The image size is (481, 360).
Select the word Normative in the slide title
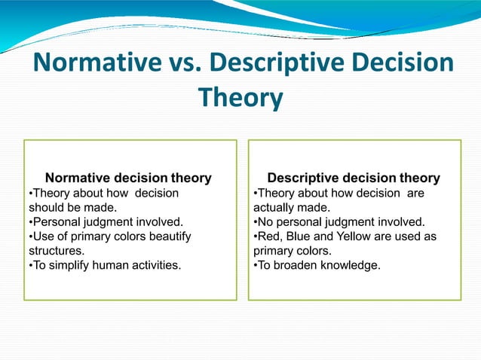(97, 63)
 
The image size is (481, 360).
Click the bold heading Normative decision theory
(128, 178)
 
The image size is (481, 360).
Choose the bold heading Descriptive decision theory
(354, 178)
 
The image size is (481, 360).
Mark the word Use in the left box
(43, 236)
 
